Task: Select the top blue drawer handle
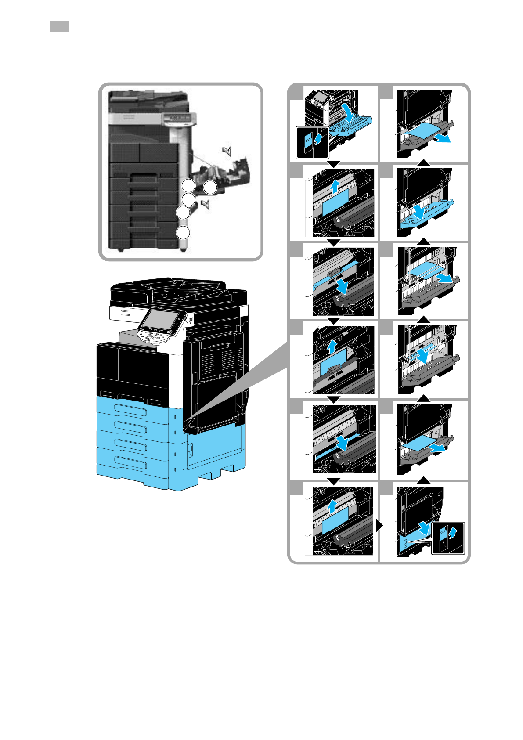coord(130,408)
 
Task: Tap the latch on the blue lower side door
coord(190,448)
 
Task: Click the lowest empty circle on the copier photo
coord(184,232)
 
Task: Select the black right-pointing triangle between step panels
coord(379,527)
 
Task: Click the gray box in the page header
coord(59,27)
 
